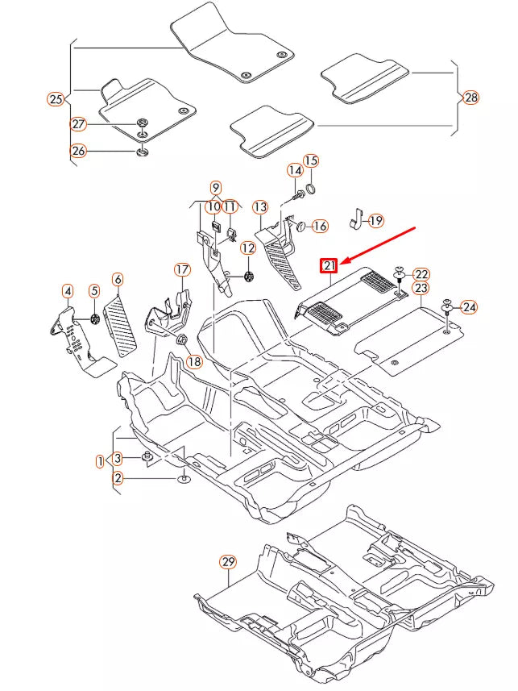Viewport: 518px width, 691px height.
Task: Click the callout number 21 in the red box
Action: pos(329,265)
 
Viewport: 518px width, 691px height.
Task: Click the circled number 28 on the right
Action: pos(470,98)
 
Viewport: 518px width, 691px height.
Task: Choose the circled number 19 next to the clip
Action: pos(376,219)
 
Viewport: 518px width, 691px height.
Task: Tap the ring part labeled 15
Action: pos(311,189)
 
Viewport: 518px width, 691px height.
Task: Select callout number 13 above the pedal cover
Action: pos(259,207)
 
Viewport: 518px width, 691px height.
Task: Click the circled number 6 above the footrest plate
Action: pos(118,280)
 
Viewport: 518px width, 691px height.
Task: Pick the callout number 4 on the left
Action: pos(68,290)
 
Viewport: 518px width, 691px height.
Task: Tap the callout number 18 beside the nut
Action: pos(194,362)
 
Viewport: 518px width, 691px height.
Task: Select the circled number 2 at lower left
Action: pos(118,478)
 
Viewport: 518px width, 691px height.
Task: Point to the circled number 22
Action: pos(421,274)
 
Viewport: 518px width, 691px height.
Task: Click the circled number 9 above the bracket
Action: pos(216,187)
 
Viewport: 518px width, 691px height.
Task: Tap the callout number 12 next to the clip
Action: pos(247,248)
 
